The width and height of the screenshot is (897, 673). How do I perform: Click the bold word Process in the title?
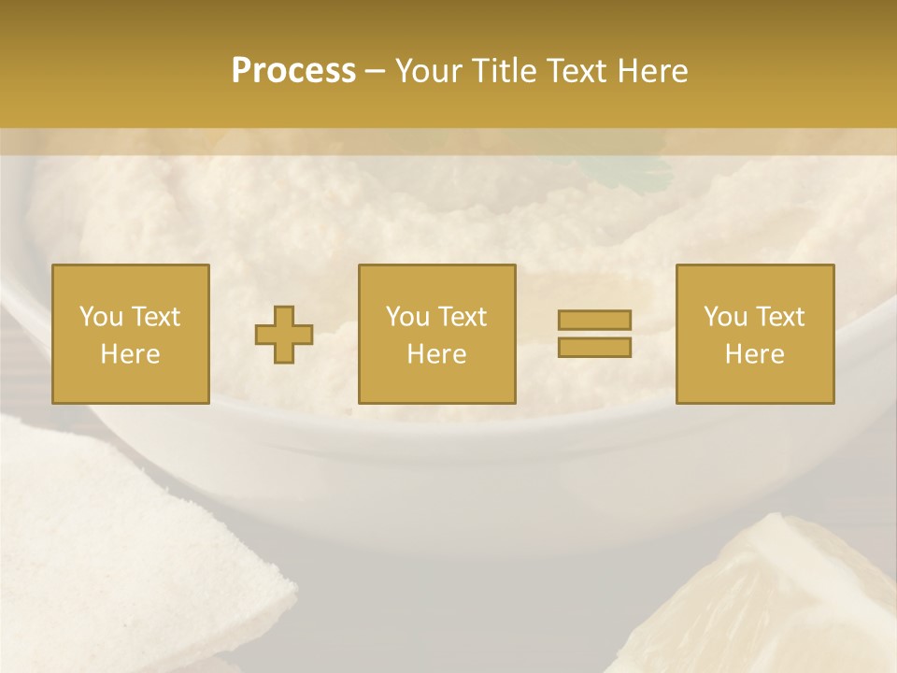click(x=293, y=71)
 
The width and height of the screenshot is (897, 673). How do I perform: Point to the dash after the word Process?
click(x=375, y=72)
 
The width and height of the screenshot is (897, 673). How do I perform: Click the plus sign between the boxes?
click(x=284, y=335)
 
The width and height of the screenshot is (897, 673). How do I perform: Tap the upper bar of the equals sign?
click(x=594, y=321)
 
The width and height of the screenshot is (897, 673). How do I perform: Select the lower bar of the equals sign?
click(x=594, y=348)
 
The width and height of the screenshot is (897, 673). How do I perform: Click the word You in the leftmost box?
click(x=102, y=317)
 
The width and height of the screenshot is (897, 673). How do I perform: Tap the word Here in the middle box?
click(x=436, y=354)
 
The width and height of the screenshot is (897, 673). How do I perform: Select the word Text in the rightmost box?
click(x=780, y=317)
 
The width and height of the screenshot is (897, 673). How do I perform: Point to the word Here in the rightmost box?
click(x=754, y=354)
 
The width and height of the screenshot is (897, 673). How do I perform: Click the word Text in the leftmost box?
click(x=155, y=317)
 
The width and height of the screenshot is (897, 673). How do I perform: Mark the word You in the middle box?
click(x=408, y=317)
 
